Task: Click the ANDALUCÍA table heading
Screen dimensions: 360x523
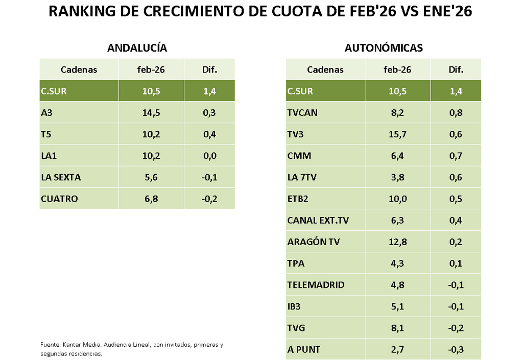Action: point(137,48)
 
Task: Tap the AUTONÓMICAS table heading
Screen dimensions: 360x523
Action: point(384,48)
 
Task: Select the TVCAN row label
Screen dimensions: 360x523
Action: point(302,113)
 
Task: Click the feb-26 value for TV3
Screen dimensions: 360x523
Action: point(397,134)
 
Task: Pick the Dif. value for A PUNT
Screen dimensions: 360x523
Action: point(456,350)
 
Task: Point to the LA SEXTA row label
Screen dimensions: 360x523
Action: point(61,177)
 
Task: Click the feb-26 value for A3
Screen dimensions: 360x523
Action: point(151,113)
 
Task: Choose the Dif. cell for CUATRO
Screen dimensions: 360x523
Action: point(209,199)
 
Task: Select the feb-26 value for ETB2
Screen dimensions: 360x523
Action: point(397,199)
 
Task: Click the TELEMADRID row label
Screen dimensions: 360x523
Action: point(316,285)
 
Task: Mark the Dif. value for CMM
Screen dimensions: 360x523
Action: point(456,156)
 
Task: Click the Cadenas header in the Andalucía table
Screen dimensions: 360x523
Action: point(79,70)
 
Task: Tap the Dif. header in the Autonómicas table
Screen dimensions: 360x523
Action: point(456,70)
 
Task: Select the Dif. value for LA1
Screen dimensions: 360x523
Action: point(209,156)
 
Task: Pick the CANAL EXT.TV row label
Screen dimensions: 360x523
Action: point(318,221)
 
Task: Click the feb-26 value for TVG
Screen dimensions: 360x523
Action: point(397,328)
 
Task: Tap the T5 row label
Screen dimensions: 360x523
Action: point(46,134)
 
